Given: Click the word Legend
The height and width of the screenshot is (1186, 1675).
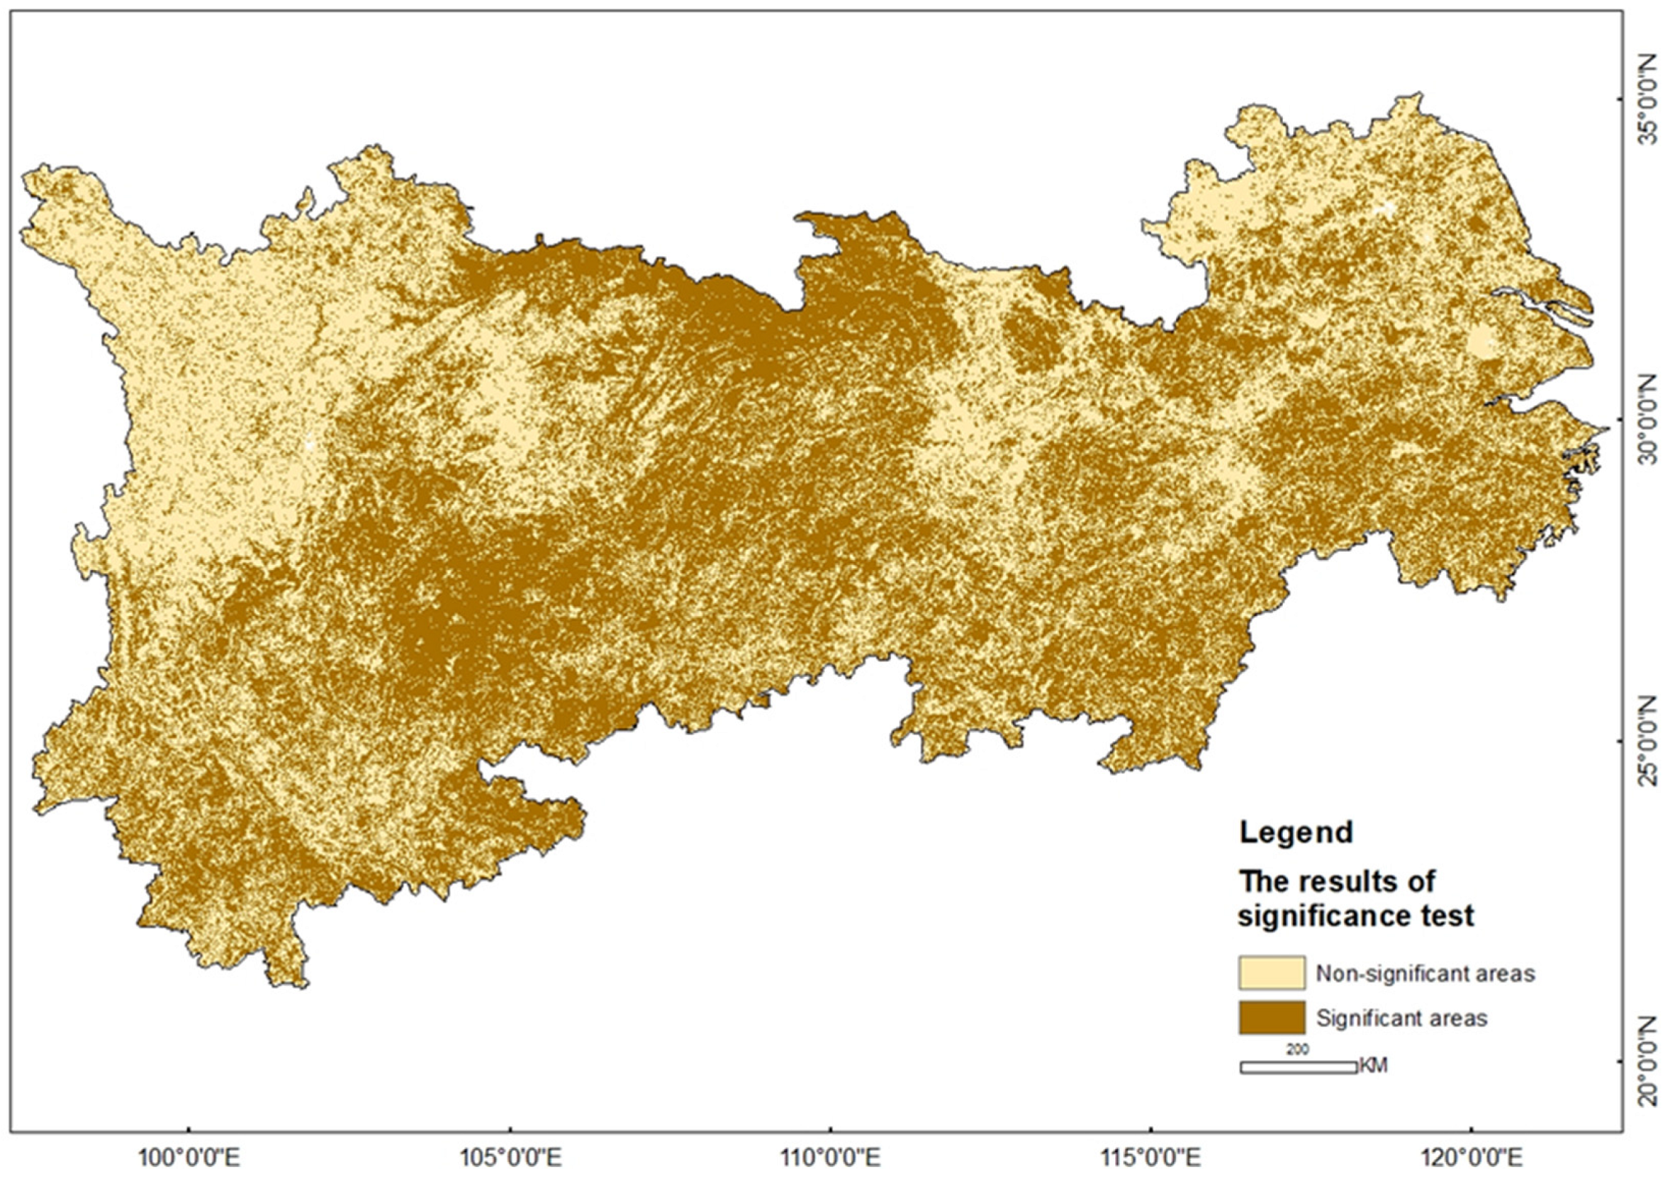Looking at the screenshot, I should coord(1297,833).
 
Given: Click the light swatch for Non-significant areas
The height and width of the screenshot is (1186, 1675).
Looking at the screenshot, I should coord(1272,973).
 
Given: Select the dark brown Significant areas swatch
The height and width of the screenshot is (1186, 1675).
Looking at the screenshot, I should coord(1272,1017).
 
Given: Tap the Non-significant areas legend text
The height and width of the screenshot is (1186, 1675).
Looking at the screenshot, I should coord(1426,974).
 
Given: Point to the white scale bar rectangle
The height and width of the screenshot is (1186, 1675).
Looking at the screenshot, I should coord(1298,1067).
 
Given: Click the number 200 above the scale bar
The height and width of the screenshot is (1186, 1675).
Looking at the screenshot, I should coord(1298,1050).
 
